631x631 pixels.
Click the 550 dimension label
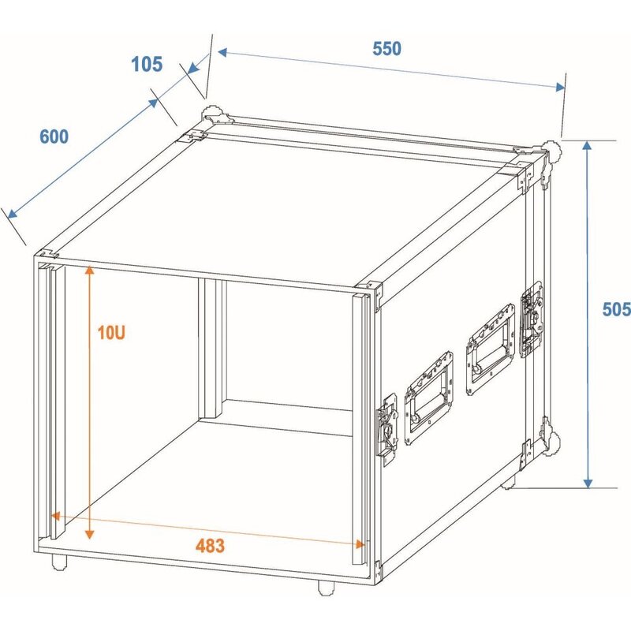point(386,48)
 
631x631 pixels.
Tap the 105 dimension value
point(147,64)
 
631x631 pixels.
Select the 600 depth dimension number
point(54,136)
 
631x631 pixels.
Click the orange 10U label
point(111,333)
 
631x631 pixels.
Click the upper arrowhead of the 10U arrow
point(90,271)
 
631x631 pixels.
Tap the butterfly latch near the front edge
point(387,430)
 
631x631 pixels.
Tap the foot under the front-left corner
point(58,562)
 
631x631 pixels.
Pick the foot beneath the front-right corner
point(324,587)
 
